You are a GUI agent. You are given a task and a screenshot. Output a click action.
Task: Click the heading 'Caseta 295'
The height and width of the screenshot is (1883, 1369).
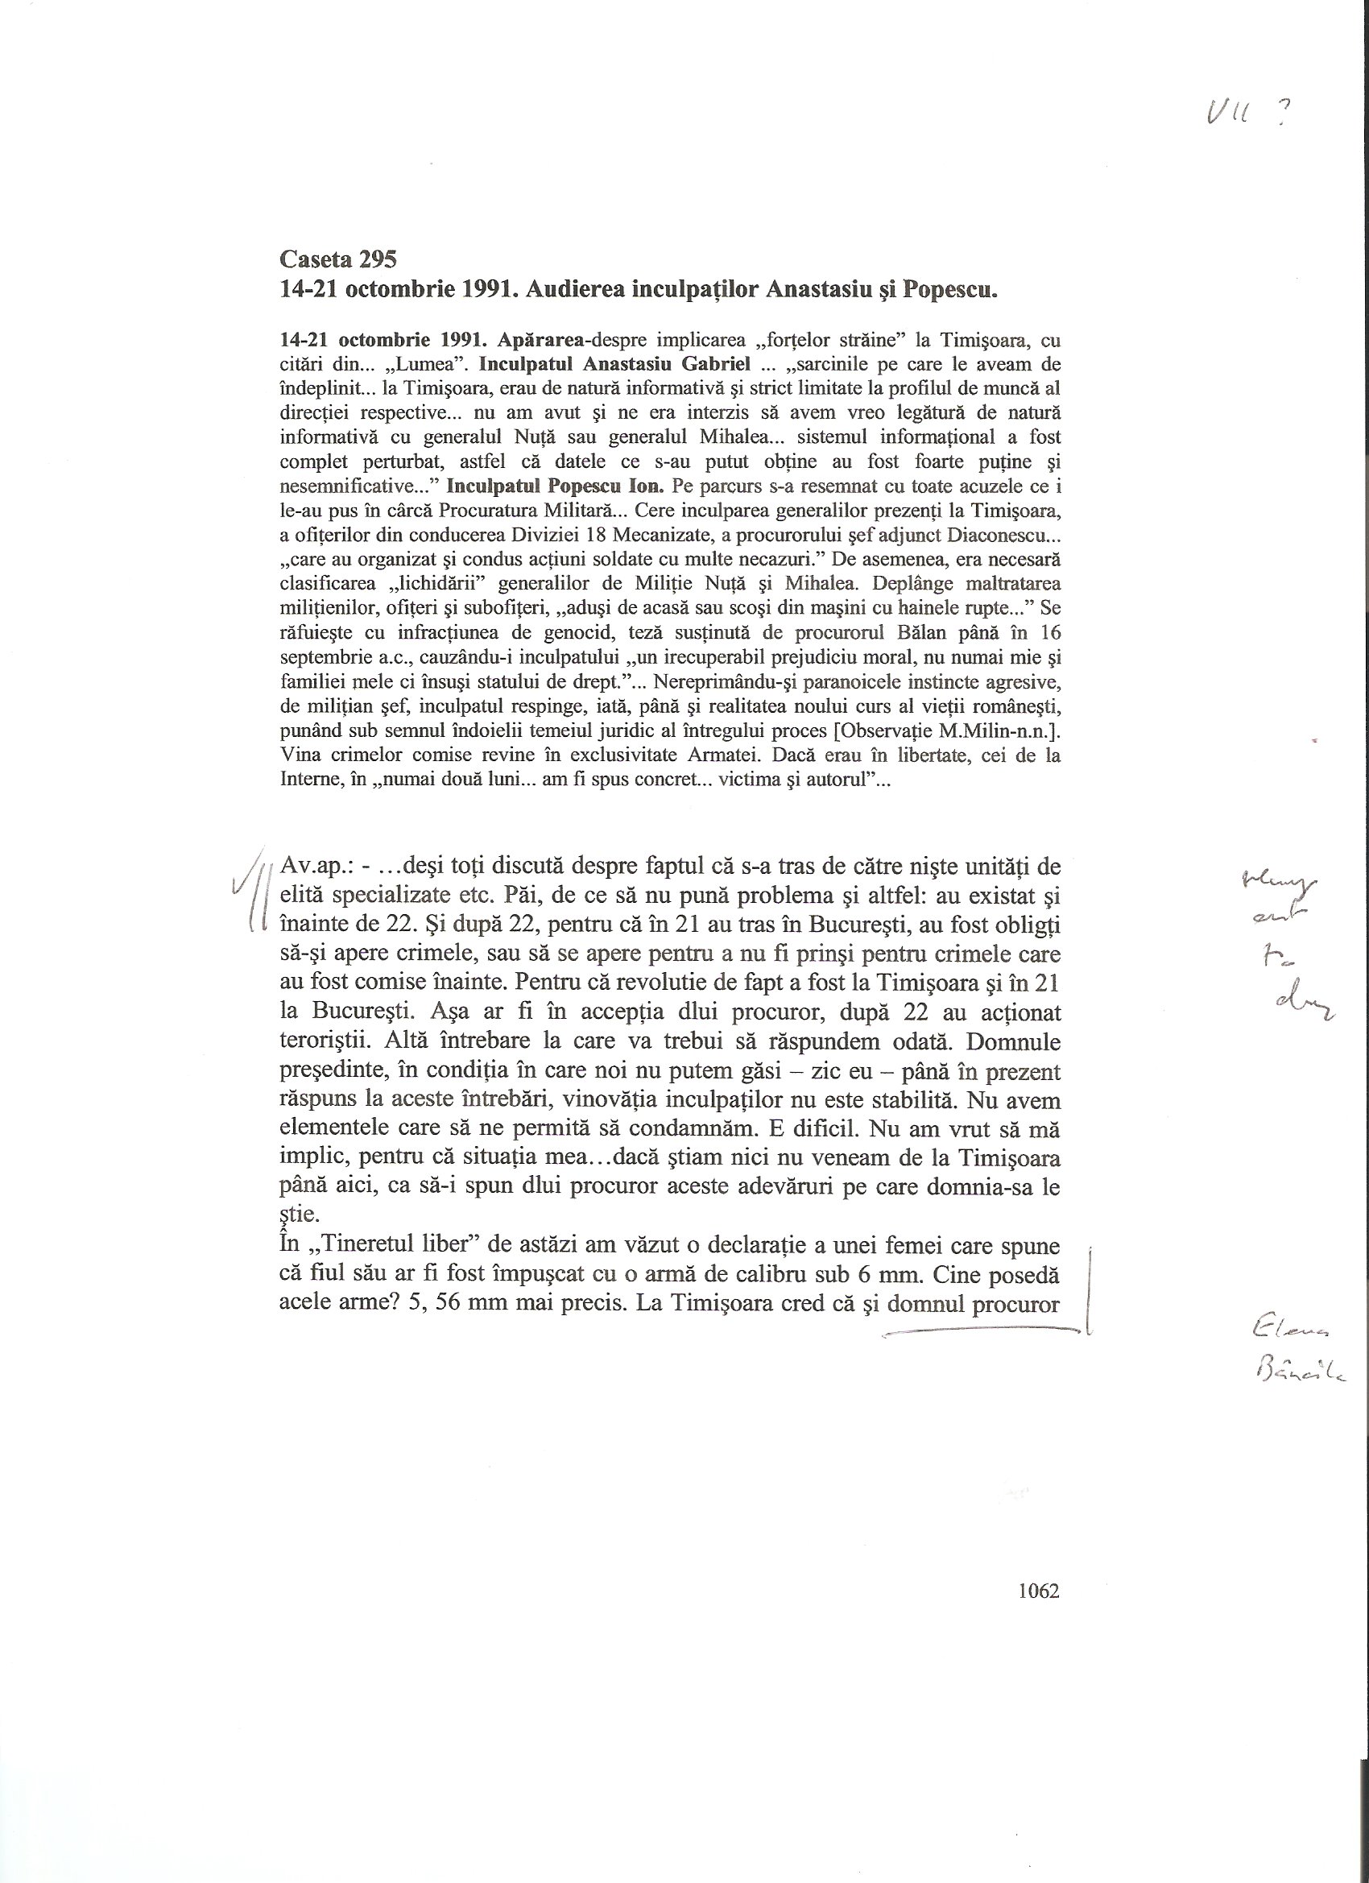tap(338, 260)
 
